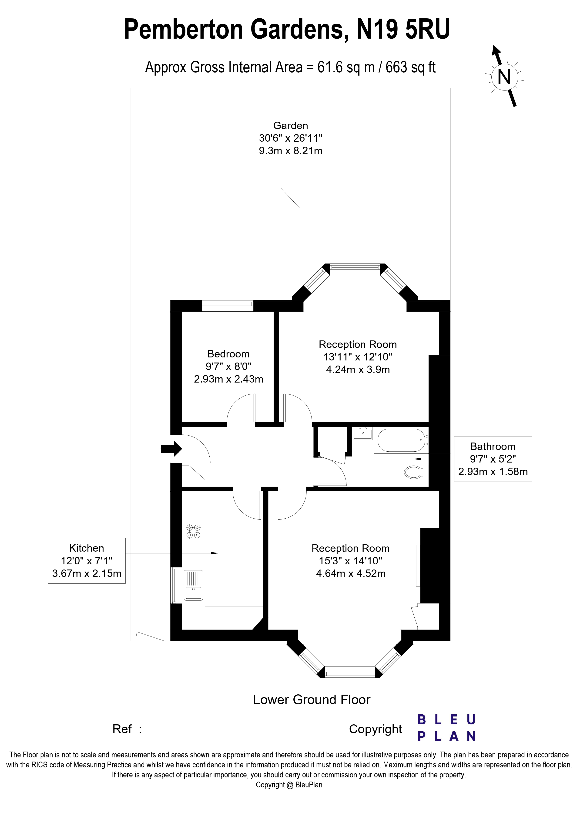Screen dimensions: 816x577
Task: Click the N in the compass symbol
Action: [504, 77]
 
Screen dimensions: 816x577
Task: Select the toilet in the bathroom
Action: [413, 472]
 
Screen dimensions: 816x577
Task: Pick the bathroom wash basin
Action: [363, 434]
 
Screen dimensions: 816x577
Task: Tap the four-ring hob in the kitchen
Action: [193, 531]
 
